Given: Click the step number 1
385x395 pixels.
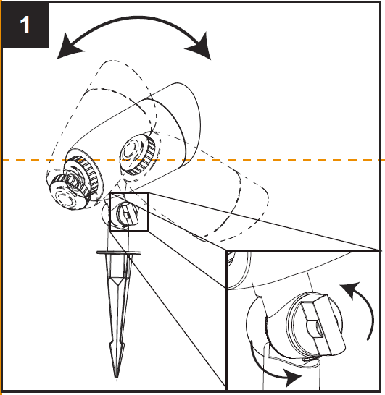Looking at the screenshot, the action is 25,25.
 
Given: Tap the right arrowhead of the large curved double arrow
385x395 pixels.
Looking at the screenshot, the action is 200,48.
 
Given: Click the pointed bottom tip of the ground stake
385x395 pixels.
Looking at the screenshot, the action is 116,377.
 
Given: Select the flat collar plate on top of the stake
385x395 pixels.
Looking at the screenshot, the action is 119,252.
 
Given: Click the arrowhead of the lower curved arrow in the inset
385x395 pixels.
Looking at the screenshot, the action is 293,378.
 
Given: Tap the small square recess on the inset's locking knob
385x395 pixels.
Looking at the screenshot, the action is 315,328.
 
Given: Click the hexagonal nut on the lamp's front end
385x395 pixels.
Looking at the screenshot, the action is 74,182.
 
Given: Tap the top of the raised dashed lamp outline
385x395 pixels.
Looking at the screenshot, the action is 111,61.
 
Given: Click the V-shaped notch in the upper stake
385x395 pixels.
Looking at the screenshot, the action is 117,281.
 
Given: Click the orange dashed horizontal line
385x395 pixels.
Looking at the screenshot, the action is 194,160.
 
